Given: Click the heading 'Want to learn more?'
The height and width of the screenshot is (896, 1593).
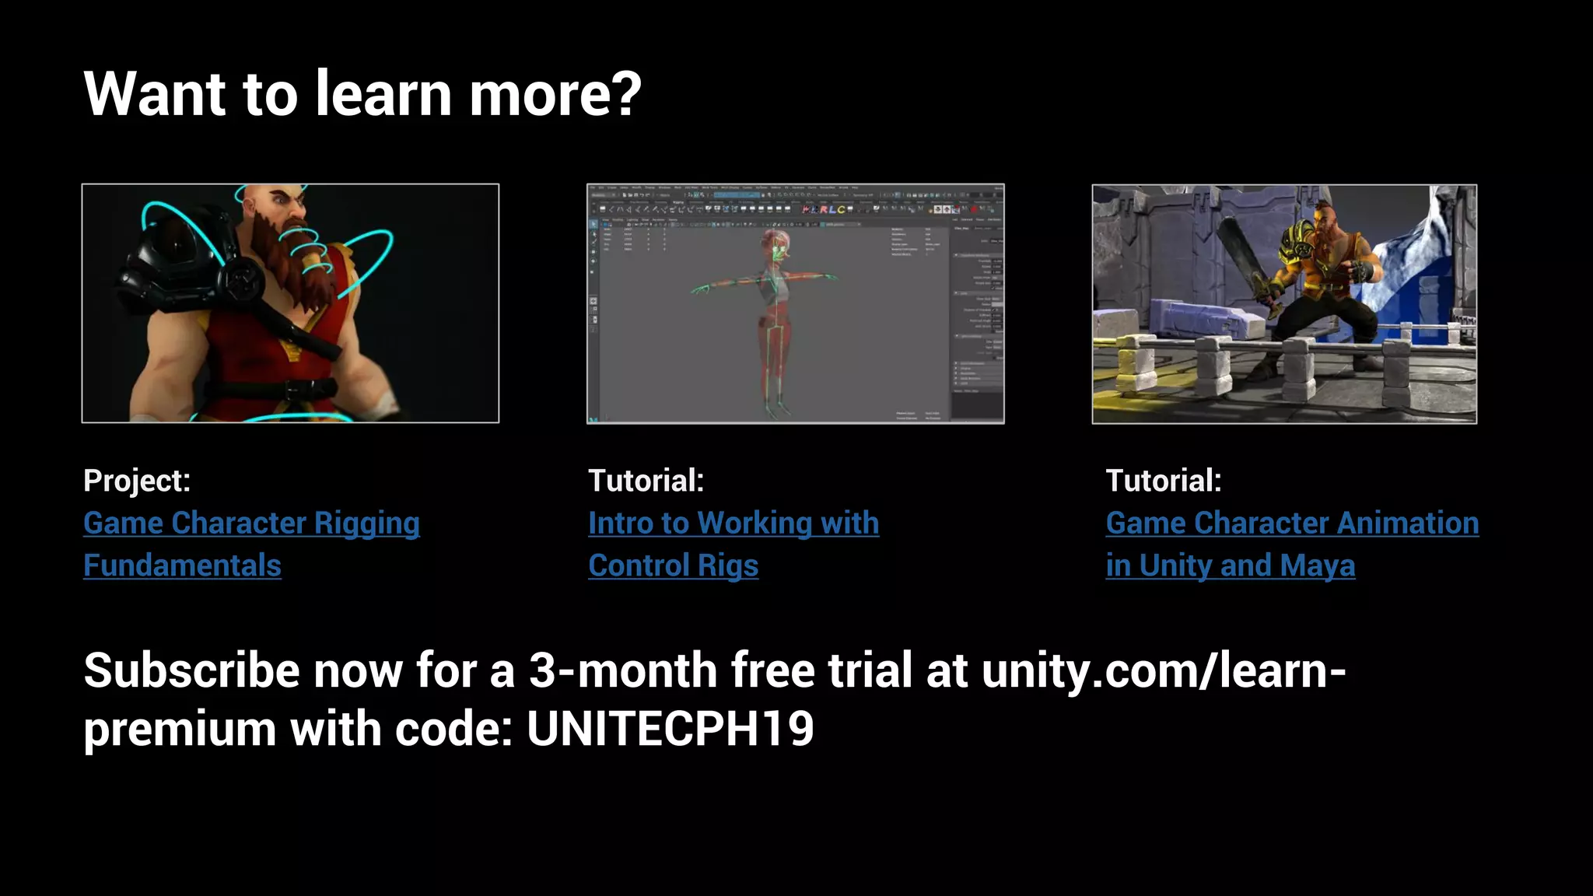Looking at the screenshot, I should tap(362, 94).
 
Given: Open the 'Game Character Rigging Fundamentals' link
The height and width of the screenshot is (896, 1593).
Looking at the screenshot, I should tap(251, 523).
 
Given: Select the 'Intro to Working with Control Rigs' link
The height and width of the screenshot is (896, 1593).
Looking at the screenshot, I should tap(733, 523).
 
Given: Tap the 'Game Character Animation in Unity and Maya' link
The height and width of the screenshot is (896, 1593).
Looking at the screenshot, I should tap(1291, 523).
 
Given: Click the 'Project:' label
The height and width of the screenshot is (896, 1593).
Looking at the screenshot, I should tap(137, 481).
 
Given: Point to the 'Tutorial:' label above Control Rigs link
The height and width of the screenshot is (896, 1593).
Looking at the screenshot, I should tap(646, 481).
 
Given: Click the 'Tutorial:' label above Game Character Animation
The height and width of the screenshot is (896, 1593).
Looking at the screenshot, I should tap(1163, 481).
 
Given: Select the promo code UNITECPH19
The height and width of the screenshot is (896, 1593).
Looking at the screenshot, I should tap(670, 730).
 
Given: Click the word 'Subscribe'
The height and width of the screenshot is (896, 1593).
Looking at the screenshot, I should tap(191, 670).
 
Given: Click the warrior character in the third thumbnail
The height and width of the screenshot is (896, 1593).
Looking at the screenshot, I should tap(1322, 280).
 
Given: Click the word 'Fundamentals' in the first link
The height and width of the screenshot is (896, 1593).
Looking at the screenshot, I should tap(182, 565).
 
